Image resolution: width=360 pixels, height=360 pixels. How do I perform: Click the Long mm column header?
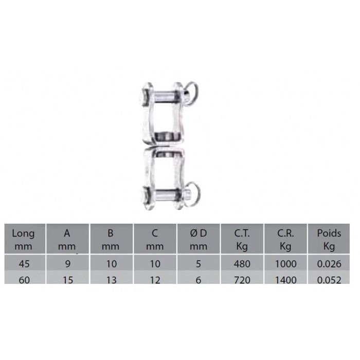pos(23,240)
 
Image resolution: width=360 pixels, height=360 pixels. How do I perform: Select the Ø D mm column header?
pos(199,240)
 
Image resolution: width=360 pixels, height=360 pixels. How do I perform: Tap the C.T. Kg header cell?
pos(242,240)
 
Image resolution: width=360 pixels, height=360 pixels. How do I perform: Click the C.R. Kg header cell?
pos(285,240)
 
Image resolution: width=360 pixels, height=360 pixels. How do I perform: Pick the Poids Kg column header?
pos(329,240)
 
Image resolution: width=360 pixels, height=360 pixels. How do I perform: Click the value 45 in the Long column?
pos(24,264)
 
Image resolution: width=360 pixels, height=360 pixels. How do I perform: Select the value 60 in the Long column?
pos(24,280)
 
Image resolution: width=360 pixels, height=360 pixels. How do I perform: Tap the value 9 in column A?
pos(68,264)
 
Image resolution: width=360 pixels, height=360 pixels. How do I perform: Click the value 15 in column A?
pos(68,280)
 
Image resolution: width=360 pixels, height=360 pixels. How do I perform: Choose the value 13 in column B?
pos(112,280)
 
